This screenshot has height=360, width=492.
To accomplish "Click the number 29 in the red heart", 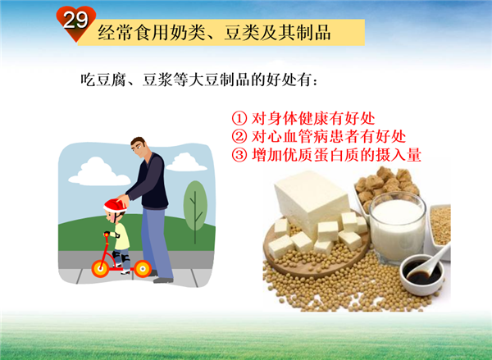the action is click(75, 20).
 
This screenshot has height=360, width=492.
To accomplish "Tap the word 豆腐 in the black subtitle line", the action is click(111, 80).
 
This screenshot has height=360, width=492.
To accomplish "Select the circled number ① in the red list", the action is click(239, 118).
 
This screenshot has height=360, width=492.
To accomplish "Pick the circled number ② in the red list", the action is click(239, 136).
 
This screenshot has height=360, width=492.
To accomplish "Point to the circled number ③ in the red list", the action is click(239, 155).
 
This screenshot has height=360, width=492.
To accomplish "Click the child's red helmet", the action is click(115, 205).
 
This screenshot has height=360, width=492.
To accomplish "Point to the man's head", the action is click(138, 147).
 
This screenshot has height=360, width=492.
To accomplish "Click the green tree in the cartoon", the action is click(195, 209).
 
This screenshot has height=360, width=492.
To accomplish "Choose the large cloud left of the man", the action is click(98, 172).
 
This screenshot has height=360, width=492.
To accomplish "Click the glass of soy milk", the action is click(398, 227).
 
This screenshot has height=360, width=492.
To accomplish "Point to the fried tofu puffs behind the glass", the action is click(387, 185).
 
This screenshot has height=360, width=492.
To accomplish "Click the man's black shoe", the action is click(163, 280).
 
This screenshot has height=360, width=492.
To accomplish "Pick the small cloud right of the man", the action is click(186, 162).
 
